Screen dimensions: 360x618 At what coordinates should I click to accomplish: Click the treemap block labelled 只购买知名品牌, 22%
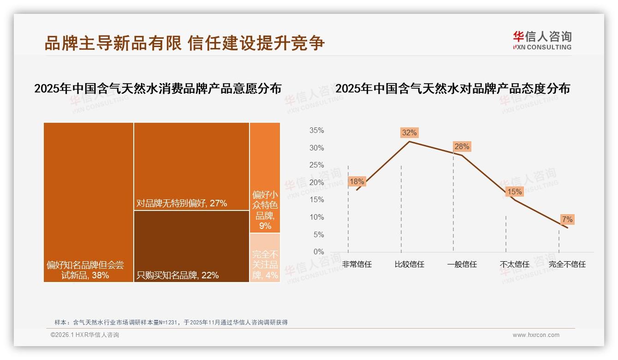(191, 246)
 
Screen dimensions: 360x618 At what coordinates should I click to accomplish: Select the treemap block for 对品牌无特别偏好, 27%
(191, 166)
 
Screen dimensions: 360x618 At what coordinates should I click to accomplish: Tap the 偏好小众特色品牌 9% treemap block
(265, 178)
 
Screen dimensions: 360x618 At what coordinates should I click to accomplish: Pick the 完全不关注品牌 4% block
(265, 258)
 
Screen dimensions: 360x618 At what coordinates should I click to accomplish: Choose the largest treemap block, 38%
(89, 202)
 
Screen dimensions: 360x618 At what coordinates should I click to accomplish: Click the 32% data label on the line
(409, 133)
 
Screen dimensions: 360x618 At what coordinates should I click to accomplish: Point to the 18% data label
(357, 182)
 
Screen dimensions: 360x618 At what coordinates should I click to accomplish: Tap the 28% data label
(462, 147)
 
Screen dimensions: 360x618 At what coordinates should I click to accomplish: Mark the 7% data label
(567, 220)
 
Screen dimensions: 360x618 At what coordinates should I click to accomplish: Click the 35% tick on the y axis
(316, 131)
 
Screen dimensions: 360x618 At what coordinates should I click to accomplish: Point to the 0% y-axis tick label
(319, 252)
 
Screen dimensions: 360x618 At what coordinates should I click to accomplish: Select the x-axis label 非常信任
(357, 264)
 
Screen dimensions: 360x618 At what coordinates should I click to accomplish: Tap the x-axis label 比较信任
(409, 264)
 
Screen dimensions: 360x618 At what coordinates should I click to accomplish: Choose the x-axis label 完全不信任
(567, 264)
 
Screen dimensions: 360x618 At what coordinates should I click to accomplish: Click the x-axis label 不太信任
(514, 264)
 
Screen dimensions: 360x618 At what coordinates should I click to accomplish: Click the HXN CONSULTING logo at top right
(542, 40)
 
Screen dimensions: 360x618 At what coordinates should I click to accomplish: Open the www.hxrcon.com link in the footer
(536, 335)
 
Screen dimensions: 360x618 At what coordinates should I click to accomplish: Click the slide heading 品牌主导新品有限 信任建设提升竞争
(184, 43)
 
